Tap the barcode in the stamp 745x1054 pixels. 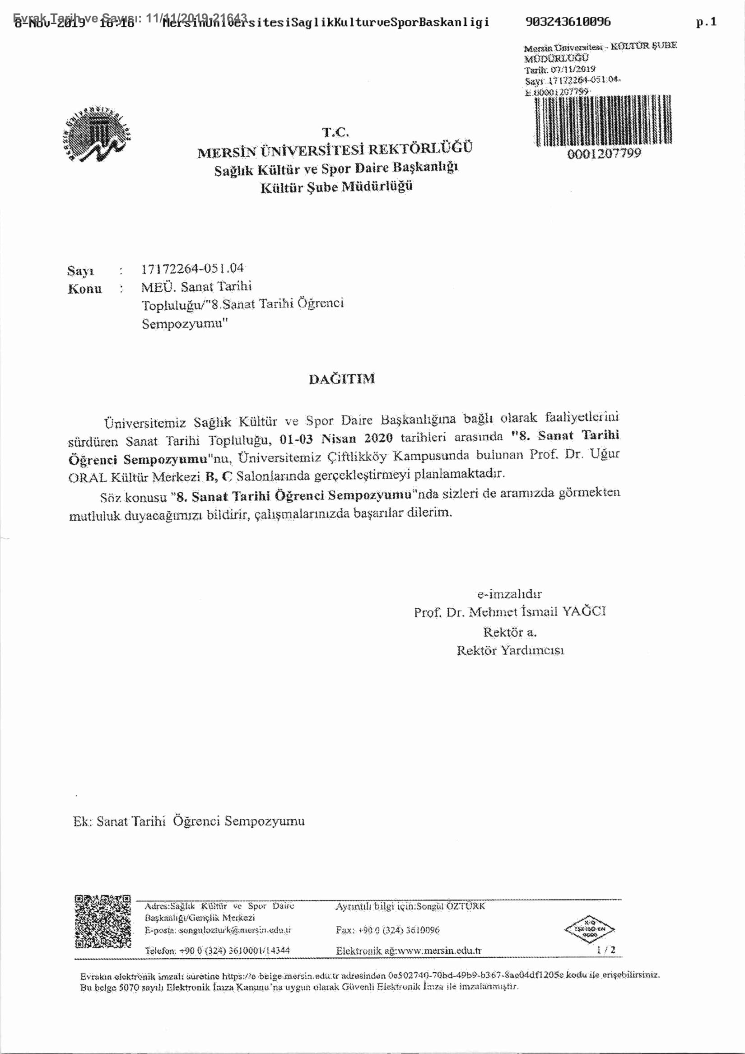pos(603,121)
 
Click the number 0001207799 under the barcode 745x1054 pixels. pos(604,154)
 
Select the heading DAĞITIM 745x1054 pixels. pos(341,379)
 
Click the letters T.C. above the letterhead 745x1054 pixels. pos(335,132)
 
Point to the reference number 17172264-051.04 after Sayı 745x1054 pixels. pos(192,269)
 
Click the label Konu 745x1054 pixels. pos(85,289)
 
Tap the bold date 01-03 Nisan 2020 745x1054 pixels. pos(336,439)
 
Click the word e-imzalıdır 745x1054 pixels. pos(509,594)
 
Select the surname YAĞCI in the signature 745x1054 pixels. pos(584,611)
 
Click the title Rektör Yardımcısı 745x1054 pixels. pos(510,650)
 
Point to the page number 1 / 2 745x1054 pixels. pos(606,950)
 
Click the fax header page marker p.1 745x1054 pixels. pos(706,22)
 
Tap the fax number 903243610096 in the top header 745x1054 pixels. pos(568,22)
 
